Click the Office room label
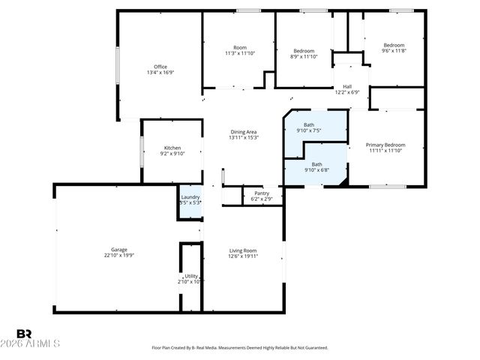tap(160, 67)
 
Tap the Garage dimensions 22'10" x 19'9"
tap(118, 255)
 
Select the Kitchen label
tap(172, 148)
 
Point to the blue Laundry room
tap(190, 200)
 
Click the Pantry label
tap(261, 193)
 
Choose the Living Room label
tap(243, 250)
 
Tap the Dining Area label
tap(243, 132)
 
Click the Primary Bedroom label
tap(385, 144)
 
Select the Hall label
tap(347, 86)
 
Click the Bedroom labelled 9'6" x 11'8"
tap(394, 45)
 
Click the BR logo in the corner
tap(24, 333)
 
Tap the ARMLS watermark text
tap(37, 343)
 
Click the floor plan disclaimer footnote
tap(240, 348)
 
